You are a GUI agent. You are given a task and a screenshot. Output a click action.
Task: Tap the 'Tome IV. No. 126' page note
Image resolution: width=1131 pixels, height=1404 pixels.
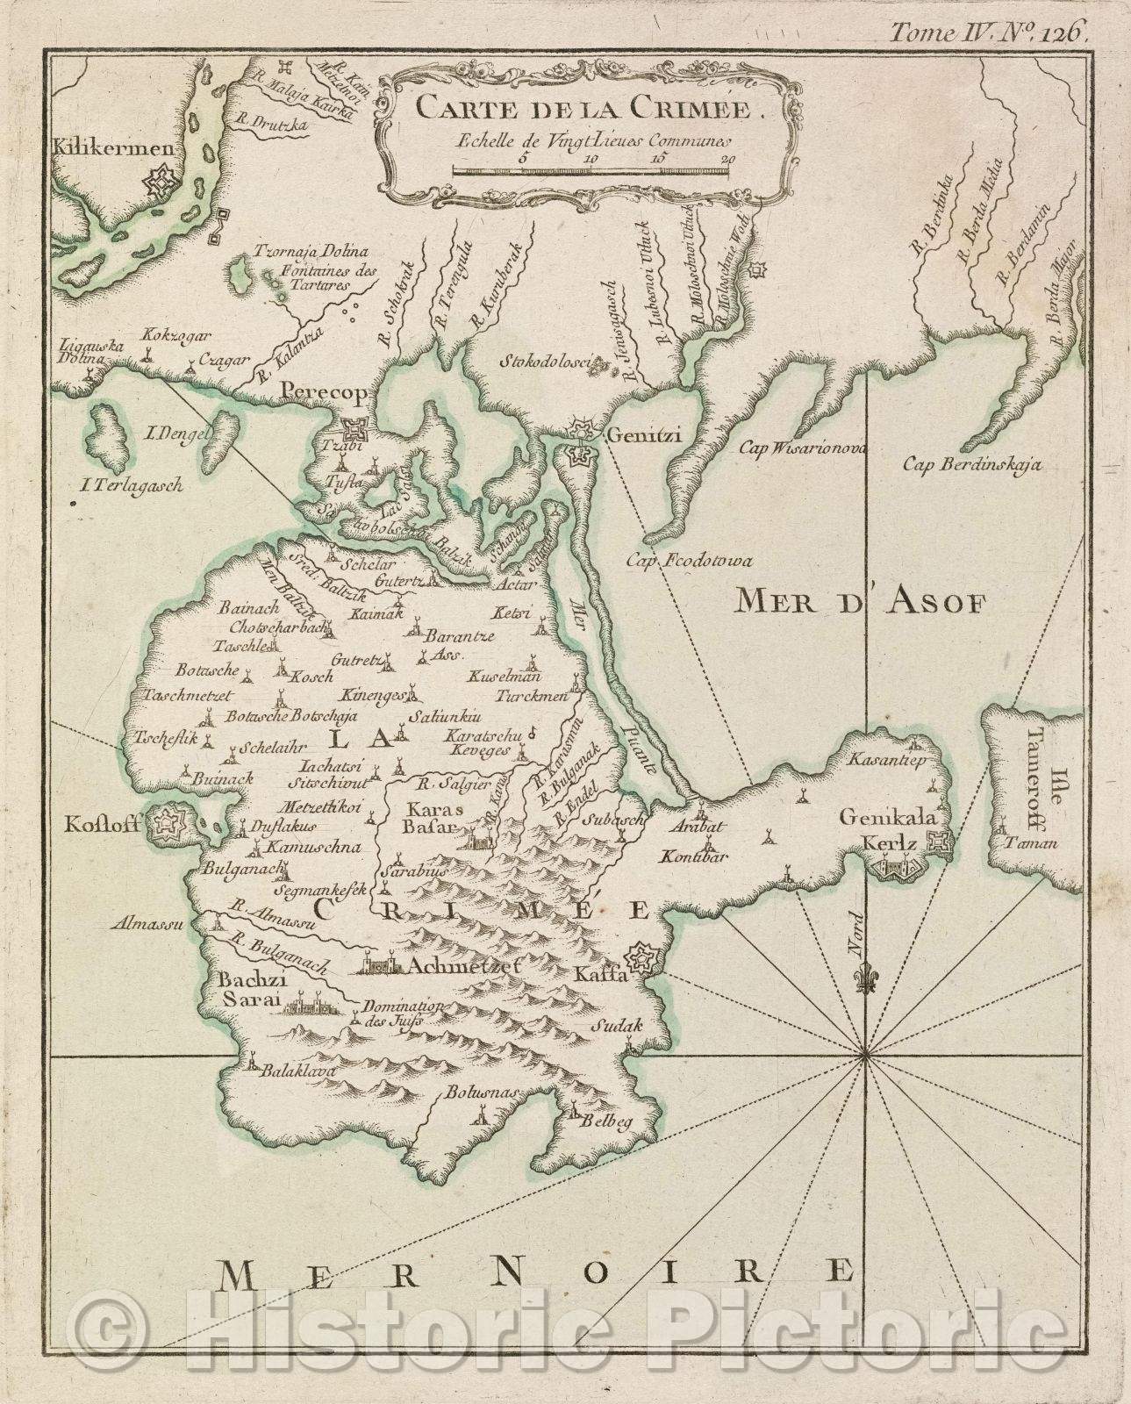[x=989, y=33]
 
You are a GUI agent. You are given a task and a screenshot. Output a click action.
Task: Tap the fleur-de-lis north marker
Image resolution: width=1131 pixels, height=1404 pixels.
[x=866, y=982]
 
